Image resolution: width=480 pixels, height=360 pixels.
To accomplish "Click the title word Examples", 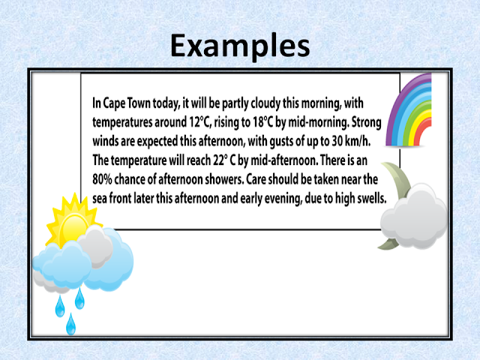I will (x=239, y=46).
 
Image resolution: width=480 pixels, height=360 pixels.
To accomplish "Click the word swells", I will (x=367, y=199).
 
